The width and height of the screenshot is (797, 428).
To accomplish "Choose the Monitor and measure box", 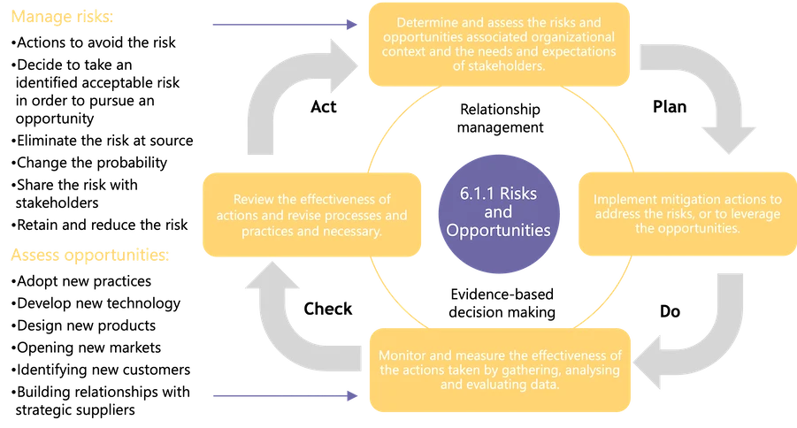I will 500,370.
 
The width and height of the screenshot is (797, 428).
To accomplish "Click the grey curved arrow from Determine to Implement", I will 708,97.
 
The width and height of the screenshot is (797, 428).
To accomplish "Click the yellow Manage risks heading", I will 62,19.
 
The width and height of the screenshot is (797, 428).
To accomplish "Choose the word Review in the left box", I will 252,200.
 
